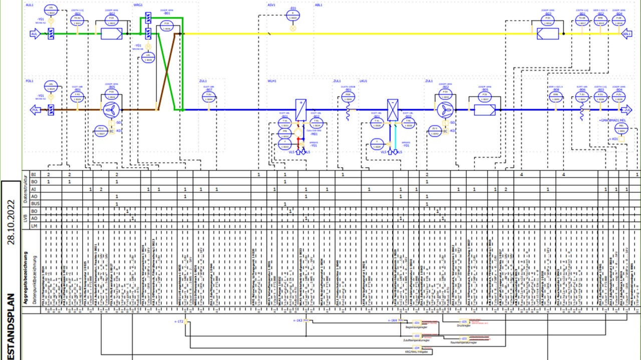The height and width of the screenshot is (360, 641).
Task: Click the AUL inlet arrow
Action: click(34, 34)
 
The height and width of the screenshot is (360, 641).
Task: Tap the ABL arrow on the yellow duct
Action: click(626, 34)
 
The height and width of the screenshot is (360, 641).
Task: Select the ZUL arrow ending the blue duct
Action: click(626, 110)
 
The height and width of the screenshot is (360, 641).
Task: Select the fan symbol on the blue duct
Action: click(444, 110)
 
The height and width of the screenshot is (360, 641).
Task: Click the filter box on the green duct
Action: click(111, 34)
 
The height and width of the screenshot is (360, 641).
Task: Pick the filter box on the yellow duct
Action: click(547, 34)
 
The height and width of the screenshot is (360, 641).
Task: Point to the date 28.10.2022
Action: click(12, 223)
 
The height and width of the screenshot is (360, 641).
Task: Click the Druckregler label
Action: click(463, 325)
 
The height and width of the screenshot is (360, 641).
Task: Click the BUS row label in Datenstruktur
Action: click(34, 204)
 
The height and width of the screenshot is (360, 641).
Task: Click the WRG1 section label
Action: click(138, 4)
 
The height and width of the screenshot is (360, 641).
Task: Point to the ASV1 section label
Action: click(271, 4)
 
